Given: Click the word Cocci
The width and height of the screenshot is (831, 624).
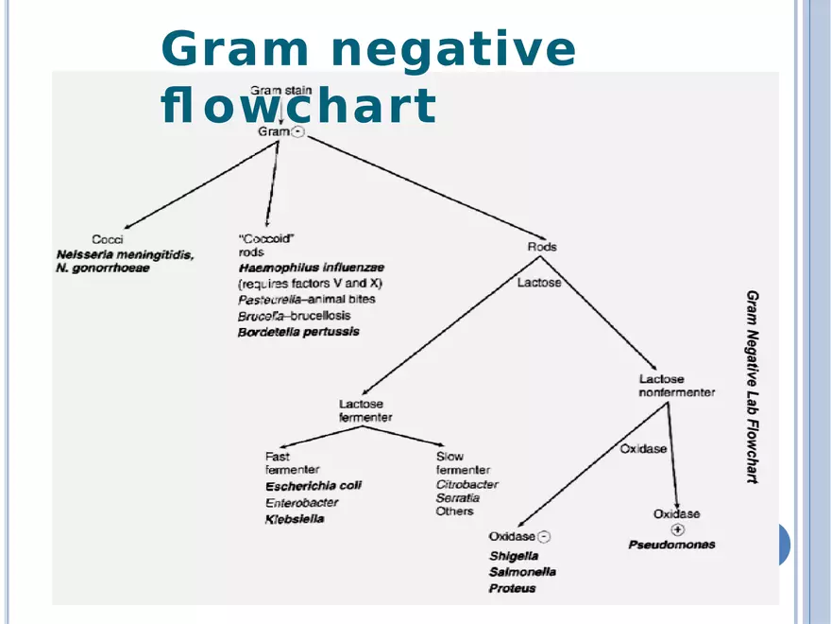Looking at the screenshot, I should [x=107, y=239].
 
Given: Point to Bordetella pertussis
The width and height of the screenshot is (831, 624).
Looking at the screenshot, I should [x=298, y=332].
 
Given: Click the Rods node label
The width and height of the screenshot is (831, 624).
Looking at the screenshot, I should [x=542, y=247].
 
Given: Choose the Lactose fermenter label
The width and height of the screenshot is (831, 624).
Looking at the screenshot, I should [x=365, y=410].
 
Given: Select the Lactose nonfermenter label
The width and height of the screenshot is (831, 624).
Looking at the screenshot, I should [x=676, y=386].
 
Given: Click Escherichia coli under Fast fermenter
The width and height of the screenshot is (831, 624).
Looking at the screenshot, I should [x=313, y=486].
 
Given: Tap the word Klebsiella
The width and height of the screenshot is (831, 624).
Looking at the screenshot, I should [x=294, y=519].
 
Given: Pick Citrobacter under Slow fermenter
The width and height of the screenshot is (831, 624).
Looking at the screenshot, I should [x=466, y=484].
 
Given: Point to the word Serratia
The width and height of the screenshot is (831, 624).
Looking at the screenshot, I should [x=457, y=497].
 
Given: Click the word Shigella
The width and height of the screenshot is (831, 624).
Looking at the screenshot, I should [x=513, y=556].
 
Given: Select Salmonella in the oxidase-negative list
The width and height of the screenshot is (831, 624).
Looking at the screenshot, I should [x=522, y=572].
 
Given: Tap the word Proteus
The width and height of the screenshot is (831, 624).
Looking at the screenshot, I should [x=512, y=588].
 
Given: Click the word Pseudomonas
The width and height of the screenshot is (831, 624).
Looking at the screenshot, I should [x=671, y=545].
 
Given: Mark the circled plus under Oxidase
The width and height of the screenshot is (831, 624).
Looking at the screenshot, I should [x=677, y=529].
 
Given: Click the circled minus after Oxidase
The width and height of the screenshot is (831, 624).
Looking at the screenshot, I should [x=545, y=537].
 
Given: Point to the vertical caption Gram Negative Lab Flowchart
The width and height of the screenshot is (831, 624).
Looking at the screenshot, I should [x=753, y=387].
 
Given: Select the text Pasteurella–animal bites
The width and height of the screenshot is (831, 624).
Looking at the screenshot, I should [x=306, y=300].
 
